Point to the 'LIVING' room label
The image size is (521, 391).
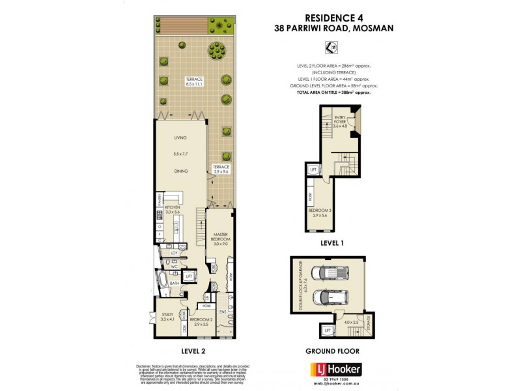(180, 138)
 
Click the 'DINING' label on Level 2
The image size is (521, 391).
(180, 171)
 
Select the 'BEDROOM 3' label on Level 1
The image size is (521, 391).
(318, 212)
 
